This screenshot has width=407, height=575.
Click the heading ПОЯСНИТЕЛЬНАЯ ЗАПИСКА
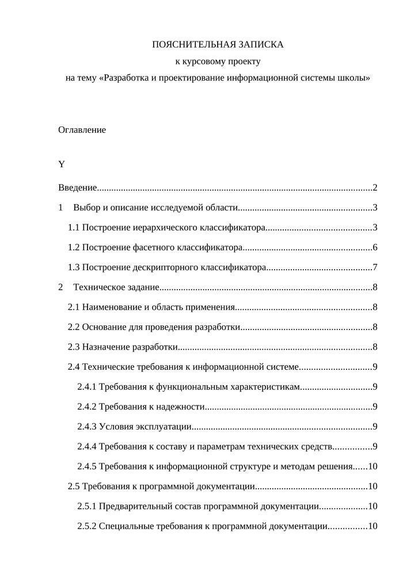pyautogui.click(x=218, y=44)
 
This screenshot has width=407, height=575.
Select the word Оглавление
pyautogui.click(x=82, y=130)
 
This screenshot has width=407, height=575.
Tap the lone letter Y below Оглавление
pyautogui.click(x=62, y=164)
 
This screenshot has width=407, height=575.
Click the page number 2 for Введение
pyautogui.click(x=374, y=188)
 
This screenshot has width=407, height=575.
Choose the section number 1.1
pyautogui.click(x=74, y=228)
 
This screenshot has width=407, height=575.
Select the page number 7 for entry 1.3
pyautogui.click(x=374, y=267)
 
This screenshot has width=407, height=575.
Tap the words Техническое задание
pyautogui.click(x=116, y=287)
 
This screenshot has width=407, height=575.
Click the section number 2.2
pyautogui.click(x=74, y=327)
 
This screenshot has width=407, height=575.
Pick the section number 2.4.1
pyautogui.click(x=86, y=387)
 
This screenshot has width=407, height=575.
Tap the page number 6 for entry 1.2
pyautogui.click(x=374, y=248)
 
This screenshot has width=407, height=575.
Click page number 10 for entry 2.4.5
pyautogui.click(x=372, y=466)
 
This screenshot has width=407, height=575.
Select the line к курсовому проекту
pyautogui.click(x=218, y=61)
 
